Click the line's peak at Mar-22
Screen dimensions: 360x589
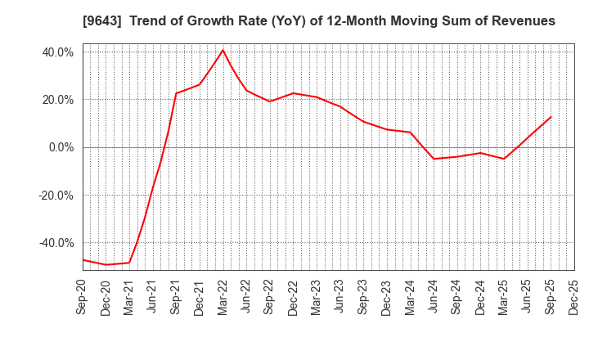[x=223, y=50]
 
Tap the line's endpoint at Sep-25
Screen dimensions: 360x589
[x=551, y=116]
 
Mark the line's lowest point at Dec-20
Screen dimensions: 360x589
[x=106, y=264]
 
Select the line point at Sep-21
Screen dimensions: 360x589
[x=176, y=93]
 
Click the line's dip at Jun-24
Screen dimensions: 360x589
[x=434, y=159]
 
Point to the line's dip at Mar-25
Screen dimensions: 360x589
[x=504, y=159]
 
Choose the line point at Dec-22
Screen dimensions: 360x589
[x=293, y=93]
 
